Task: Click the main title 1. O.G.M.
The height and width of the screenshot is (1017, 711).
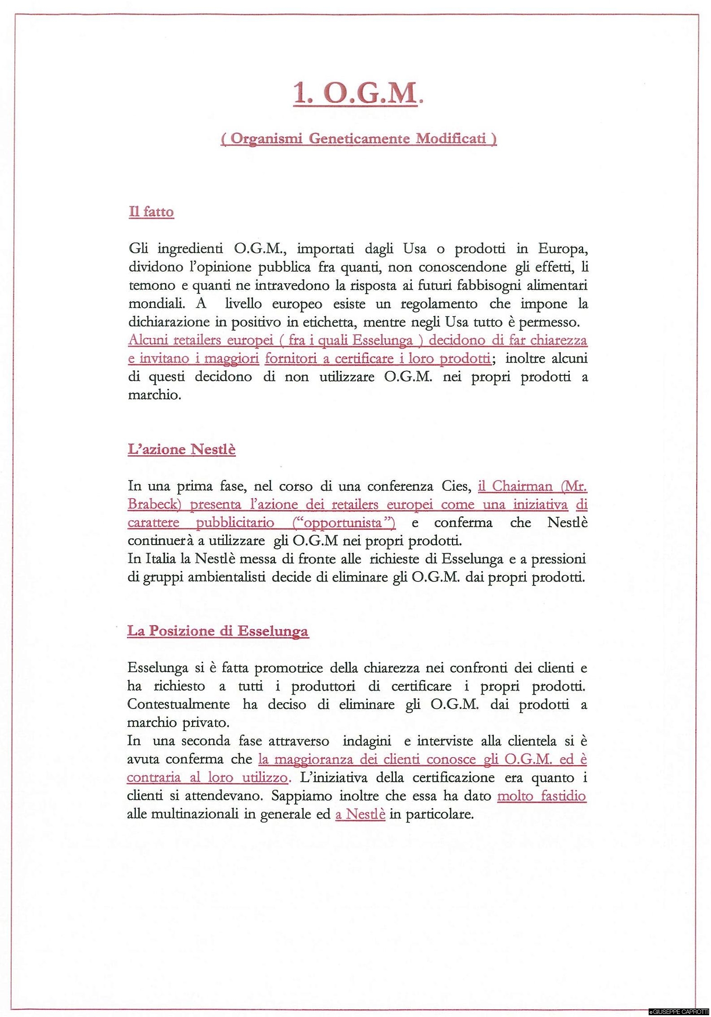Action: click(358, 94)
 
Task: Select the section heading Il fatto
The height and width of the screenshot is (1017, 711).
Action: click(151, 211)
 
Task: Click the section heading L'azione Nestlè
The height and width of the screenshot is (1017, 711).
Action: click(182, 449)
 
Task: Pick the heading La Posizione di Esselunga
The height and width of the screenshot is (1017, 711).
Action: click(218, 631)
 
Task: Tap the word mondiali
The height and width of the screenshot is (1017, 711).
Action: click(157, 304)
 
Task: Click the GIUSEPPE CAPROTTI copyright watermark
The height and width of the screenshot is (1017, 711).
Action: click(679, 1013)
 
